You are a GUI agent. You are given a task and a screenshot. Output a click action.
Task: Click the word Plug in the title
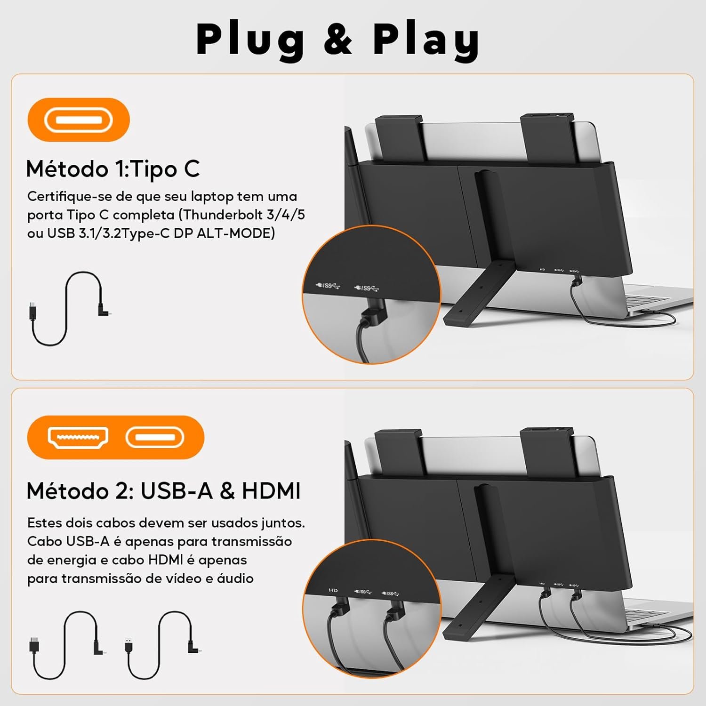250,40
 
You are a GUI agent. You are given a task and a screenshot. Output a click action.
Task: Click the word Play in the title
426,40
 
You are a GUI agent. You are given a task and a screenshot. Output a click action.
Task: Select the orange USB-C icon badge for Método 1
79,120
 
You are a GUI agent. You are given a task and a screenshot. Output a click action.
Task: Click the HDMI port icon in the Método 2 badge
78,437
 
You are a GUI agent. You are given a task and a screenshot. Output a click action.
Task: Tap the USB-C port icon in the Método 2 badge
154,437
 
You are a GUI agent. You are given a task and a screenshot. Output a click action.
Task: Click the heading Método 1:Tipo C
113,169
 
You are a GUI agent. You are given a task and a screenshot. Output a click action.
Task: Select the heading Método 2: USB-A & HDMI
163,491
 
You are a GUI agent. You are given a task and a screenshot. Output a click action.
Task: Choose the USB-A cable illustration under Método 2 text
163,645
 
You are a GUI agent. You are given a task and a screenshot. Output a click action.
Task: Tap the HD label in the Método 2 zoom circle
333,590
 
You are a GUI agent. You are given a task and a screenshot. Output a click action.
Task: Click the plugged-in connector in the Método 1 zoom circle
371,316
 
